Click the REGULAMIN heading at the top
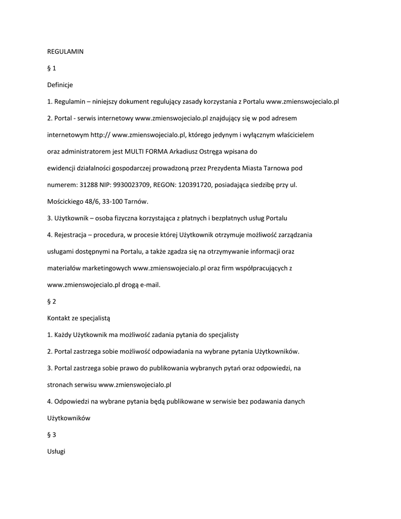click(65, 51)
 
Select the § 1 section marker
click(51, 68)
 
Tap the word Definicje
click(60, 85)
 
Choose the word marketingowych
click(105, 268)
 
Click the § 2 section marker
click(51, 302)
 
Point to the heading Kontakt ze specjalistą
click(79, 318)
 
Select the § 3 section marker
click(51, 435)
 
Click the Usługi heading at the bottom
click(56, 452)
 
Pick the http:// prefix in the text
click(100, 135)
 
